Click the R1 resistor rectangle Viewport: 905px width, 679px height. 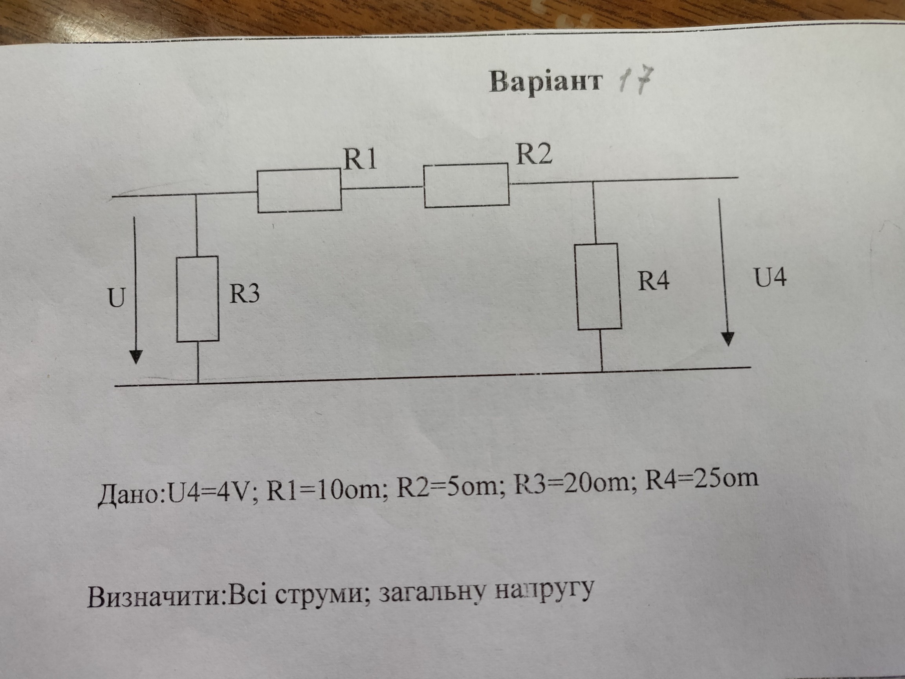point(299,191)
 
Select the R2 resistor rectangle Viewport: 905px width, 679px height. point(466,185)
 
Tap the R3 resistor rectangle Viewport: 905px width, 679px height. point(198,299)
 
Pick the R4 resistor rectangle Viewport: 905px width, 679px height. point(599,286)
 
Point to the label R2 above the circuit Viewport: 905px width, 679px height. point(533,154)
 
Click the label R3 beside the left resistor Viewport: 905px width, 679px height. point(244,294)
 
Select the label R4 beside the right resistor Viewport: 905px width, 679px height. point(653,281)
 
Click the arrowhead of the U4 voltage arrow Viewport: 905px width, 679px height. point(727,339)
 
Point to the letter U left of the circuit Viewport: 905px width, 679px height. point(116,298)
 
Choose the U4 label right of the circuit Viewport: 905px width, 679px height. point(770,277)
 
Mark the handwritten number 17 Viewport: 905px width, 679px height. point(632,81)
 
